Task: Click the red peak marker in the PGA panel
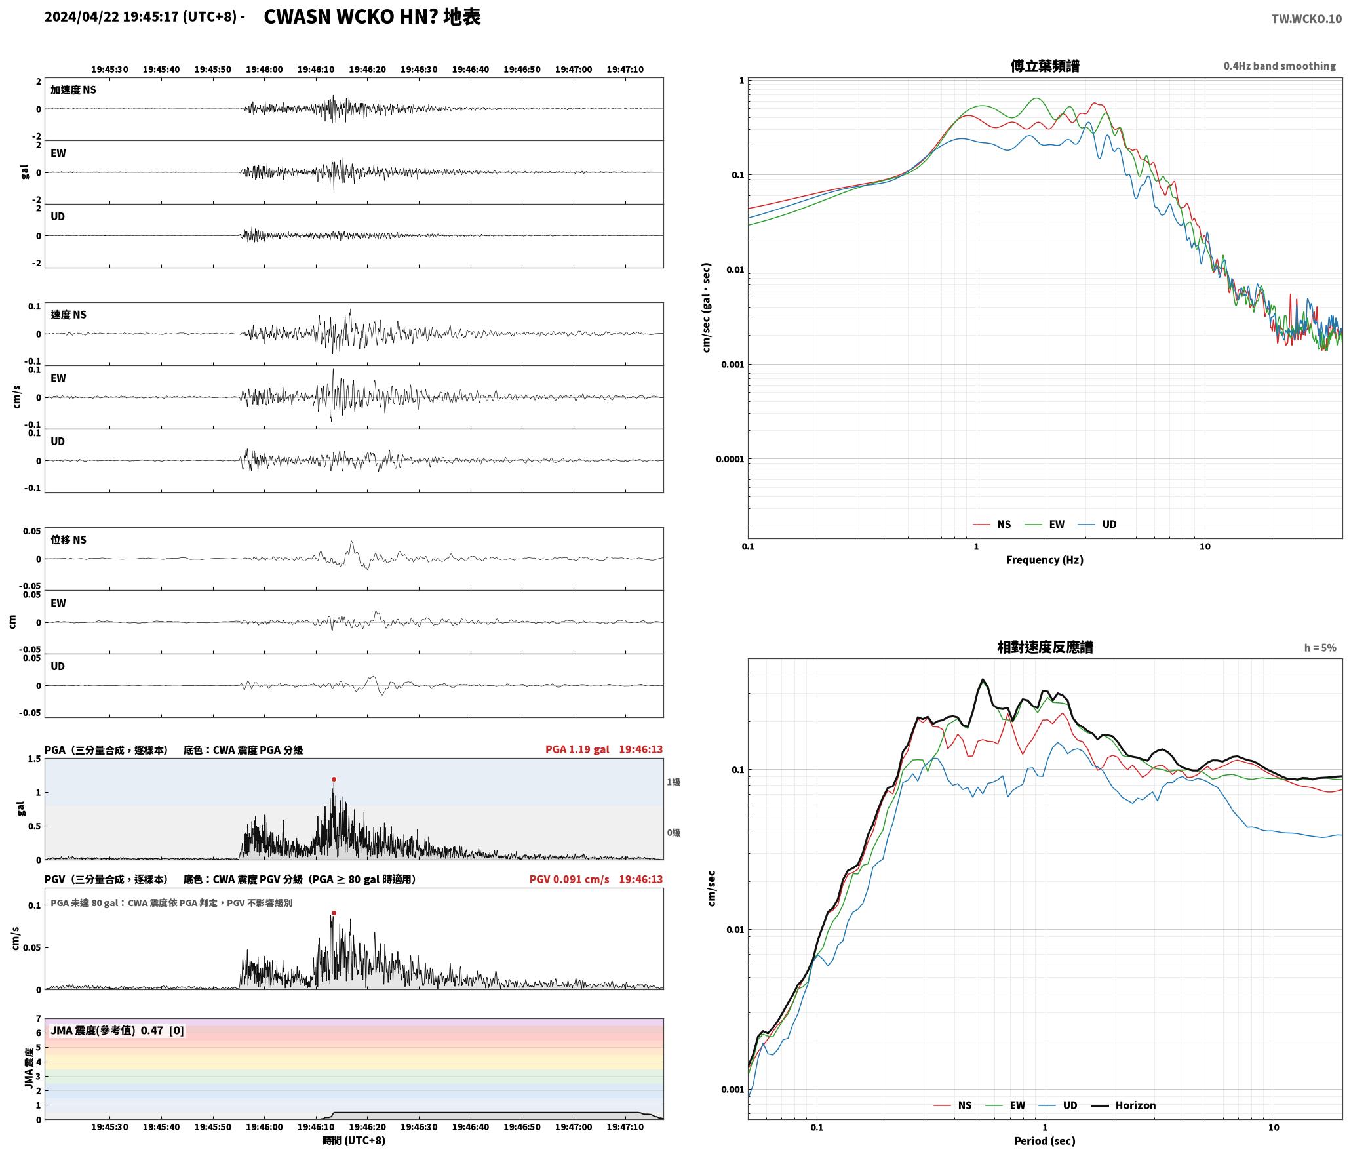[334, 779]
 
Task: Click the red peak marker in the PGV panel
[334, 913]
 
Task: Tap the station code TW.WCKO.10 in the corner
[1306, 19]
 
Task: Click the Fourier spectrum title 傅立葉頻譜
[1045, 66]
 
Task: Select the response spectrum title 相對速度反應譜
[1045, 647]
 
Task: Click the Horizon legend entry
[1123, 1105]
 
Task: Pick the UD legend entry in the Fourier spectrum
[1097, 524]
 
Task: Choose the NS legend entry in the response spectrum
[952, 1105]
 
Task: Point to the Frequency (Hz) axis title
[1045, 559]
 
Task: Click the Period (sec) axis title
[1045, 1140]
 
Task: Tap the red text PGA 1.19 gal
[577, 749]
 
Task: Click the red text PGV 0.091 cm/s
[569, 879]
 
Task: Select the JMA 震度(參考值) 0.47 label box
[117, 1031]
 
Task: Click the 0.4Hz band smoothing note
[1280, 66]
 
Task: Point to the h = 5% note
[1320, 648]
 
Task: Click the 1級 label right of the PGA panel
[673, 782]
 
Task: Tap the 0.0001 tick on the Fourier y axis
[730, 459]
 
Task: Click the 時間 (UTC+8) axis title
[353, 1140]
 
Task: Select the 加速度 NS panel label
[73, 90]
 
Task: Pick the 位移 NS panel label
[69, 540]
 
